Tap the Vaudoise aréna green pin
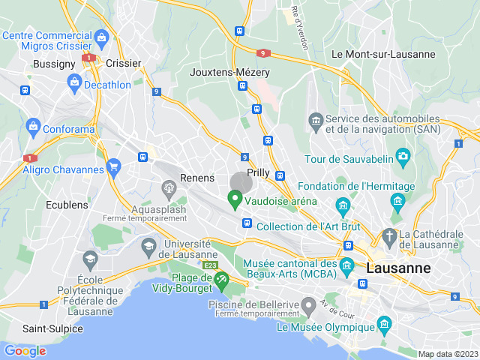pos(235,200)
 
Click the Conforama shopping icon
pos(32,126)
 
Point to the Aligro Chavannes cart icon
pos(114,166)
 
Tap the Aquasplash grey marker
pos(167,187)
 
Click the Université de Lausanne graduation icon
pos(148,245)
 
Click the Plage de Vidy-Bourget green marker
pos(220,280)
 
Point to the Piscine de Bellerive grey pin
pos(308,304)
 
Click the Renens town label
pos(197,178)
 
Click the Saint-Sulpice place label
pos(52,328)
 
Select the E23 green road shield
pos(210,265)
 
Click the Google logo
pos(25,350)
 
